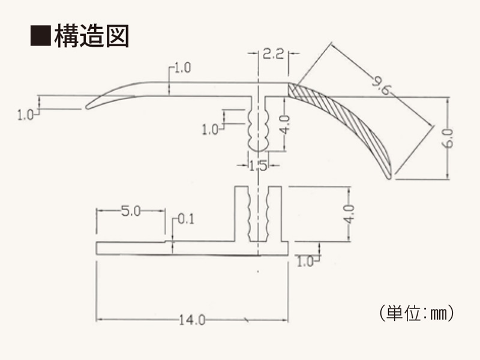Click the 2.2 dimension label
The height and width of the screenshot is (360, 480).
(x=272, y=55)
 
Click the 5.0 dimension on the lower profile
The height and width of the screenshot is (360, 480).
(x=131, y=211)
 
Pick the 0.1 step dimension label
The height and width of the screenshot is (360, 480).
(x=186, y=220)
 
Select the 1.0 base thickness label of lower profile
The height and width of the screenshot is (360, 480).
(x=305, y=261)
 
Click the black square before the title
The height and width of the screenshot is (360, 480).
(x=40, y=36)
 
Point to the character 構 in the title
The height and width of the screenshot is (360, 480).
(x=65, y=36)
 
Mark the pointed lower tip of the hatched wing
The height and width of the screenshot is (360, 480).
(x=389, y=175)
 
